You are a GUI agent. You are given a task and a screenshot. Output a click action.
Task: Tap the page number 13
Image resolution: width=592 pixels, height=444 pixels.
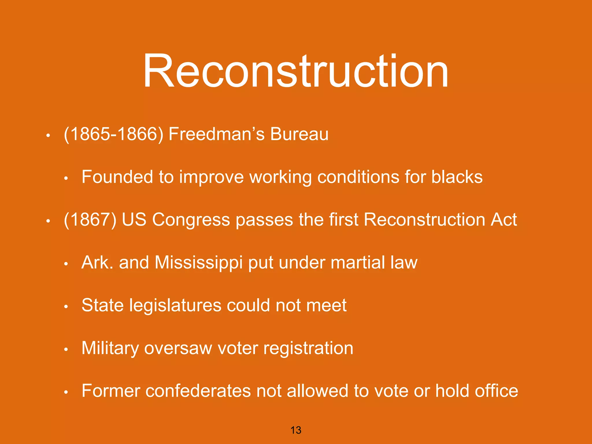[x=296, y=430]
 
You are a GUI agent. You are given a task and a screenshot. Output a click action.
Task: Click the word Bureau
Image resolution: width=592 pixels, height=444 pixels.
[x=299, y=134]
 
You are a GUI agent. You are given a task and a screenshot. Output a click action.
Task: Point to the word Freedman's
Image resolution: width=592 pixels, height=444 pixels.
[x=217, y=134]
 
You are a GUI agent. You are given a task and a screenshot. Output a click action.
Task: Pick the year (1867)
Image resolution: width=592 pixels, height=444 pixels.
[x=90, y=220]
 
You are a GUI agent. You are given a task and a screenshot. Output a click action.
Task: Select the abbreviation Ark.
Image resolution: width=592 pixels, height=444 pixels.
[x=97, y=262]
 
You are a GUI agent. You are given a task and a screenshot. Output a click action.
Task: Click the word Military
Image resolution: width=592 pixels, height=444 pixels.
[x=110, y=348]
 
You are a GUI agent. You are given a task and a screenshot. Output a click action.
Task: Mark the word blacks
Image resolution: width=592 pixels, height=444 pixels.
[x=457, y=177]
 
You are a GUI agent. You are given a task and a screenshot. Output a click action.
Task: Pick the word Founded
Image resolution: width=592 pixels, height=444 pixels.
[x=117, y=177]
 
